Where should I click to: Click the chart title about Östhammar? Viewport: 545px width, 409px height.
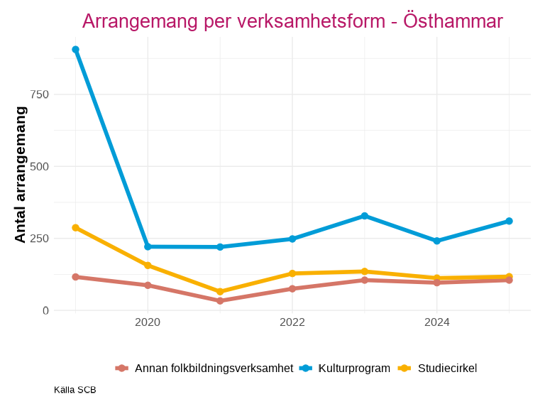tap(292, 21)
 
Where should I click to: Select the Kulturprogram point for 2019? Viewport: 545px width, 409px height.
tap(75, 50)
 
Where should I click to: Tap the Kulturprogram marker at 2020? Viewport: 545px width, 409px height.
tap(148, 246)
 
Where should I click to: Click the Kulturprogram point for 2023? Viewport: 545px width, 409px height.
tap(365, 216)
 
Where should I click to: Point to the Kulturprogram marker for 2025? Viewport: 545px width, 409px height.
tap(509, 221)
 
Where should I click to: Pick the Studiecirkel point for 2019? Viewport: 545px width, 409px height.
tap(75, 228)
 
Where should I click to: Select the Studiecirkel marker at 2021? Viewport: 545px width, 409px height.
tap(220, 292)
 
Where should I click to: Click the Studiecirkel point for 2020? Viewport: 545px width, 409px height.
tap(148, 266)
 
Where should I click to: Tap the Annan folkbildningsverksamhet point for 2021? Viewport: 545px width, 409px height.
tap(220, 300)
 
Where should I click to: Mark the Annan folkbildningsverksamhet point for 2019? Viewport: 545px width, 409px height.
tap(75, 277)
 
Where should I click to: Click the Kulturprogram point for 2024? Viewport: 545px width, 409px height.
tap(436, 241)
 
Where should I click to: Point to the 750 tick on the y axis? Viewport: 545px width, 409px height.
tap(40, 94)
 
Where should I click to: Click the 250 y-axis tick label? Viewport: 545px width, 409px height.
tap(40, 239)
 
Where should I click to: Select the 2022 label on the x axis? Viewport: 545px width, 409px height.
tap(292, 322)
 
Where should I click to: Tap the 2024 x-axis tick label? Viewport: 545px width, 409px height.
tap(436, 322)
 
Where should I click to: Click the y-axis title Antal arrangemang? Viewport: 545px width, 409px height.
tap(21, 175)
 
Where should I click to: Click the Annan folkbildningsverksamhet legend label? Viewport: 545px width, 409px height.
tap(214, 368)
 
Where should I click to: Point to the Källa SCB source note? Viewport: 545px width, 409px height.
tap(75, 390)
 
